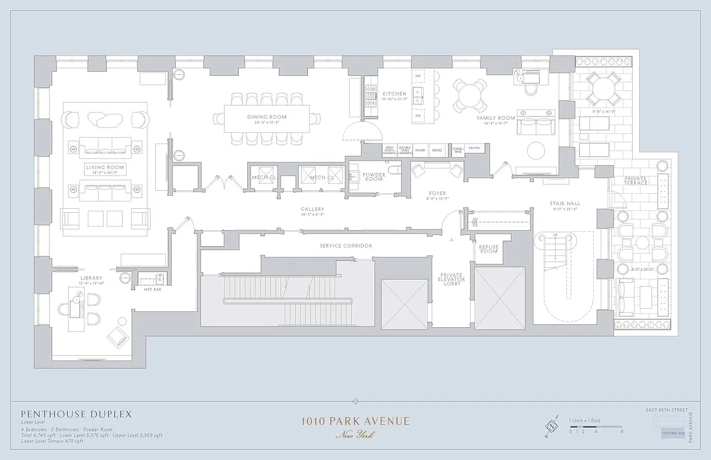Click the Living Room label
click(105, 167)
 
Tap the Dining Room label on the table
click(267, 117)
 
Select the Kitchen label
click(394, 94)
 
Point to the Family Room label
click(496, 118)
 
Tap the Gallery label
click(312, 209)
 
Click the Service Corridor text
click(345, 246)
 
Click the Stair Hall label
click(564, 203)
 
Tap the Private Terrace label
click(636, 180)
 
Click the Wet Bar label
click(152, 289)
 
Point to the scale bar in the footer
click(596, 426)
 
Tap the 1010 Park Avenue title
click(355, 421)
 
